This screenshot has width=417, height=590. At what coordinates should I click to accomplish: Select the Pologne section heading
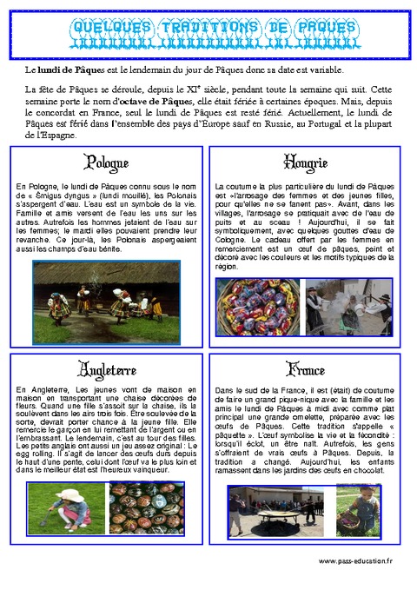107,163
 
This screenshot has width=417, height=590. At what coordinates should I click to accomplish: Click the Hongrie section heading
305,163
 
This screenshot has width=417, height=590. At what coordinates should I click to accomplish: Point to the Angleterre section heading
107,368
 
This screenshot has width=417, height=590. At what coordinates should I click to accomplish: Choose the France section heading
305,368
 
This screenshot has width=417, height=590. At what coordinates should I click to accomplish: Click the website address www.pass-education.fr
356,562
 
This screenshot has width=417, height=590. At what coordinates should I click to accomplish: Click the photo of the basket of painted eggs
260,307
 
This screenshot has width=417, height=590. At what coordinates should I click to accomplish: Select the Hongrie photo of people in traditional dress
348,307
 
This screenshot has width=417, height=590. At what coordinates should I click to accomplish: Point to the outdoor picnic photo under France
279,511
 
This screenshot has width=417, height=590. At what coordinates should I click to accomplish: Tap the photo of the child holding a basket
359,511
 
